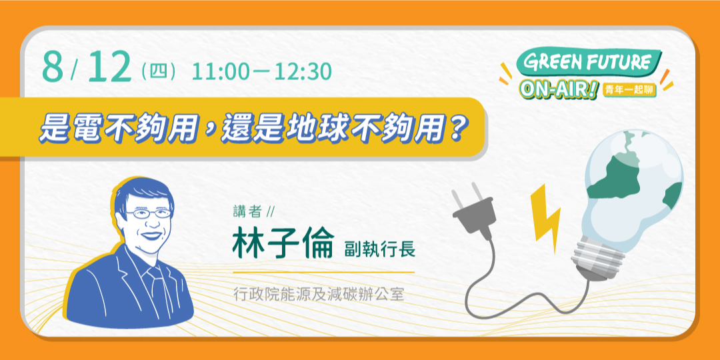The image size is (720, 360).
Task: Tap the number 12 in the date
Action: pyautogui.click(x=109, y=68)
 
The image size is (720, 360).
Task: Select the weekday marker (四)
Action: pyautogui.click(x=159, y=71)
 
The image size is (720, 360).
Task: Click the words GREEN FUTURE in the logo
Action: pyautogui.click(x=587, y=62)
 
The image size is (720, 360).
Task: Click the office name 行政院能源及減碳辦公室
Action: pyautogui.click(x=319, y=293)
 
